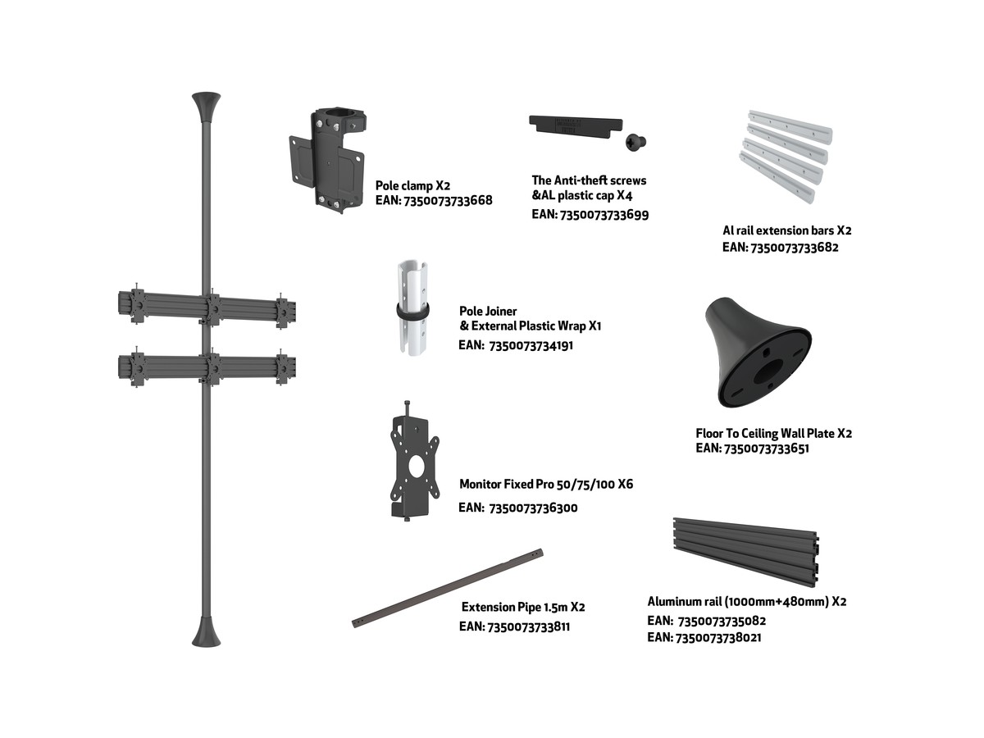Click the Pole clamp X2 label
pos(412,185)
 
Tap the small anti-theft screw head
pos(635,143)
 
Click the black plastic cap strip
pos(576,125)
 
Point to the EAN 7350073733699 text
pos(590,215)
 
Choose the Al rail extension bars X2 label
pos(786,230)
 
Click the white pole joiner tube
pos(412,307)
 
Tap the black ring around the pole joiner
pos(412,311)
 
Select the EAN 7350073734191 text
pos(516,345)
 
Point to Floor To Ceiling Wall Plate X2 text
pos(773,433)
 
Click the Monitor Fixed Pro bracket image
pos(414,461)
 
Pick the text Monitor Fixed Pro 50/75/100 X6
pos(546,484)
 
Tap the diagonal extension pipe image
pos(448,588)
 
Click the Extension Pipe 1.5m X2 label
pos(523,607)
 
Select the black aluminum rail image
pos(746,552)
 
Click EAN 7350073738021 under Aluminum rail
pos(704,637)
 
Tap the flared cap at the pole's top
pos(206,107)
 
